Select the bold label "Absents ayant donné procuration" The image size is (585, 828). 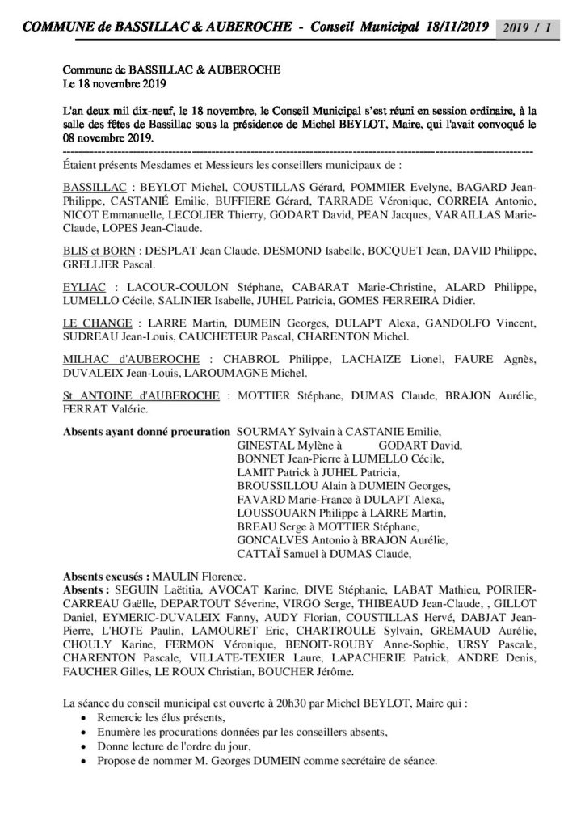click(x=145, y=432)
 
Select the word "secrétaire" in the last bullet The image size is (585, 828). click(x=363, y=761)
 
